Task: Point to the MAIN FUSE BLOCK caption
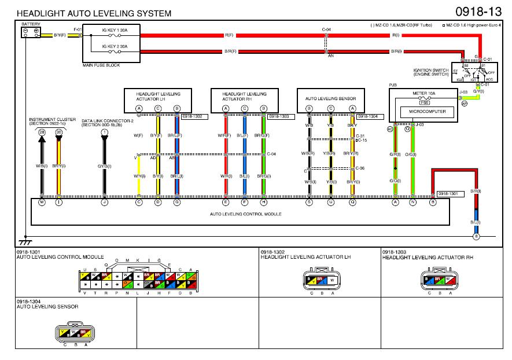101,65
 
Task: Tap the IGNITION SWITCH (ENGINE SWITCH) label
430,72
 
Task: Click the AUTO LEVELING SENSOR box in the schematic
330,98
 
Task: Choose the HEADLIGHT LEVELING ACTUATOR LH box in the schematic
158,96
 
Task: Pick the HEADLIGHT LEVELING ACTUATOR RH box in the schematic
245,96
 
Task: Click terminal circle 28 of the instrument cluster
42,133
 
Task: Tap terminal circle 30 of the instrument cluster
58,133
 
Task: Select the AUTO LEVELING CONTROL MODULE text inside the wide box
246,214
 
